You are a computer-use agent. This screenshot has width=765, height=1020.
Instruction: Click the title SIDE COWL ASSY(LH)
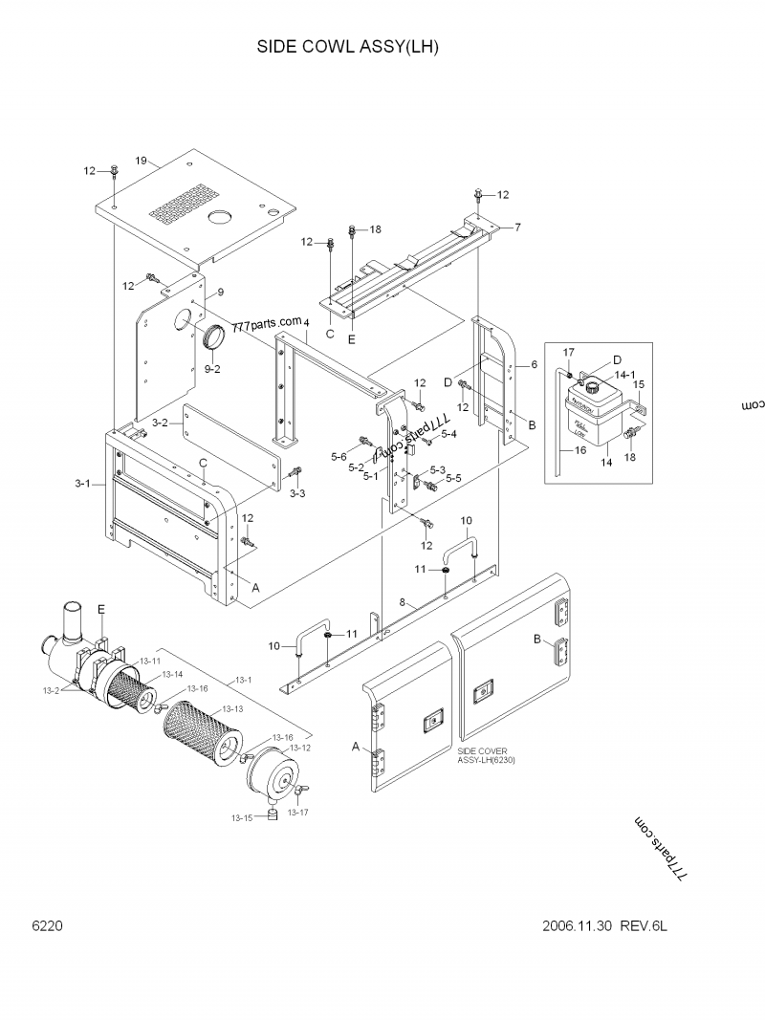pos(347,47)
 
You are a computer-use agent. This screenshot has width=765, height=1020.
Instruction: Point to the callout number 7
pos(517,227)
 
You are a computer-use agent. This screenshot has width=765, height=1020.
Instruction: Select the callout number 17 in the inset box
pos(568,353)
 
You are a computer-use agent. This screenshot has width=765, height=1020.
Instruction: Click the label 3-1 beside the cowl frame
pos(83,485)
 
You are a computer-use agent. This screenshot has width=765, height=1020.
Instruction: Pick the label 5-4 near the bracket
pos(449,435)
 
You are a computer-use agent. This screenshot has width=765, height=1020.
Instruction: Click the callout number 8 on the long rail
pos(404,603)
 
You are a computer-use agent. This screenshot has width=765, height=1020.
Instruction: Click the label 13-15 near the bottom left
pos(241,818)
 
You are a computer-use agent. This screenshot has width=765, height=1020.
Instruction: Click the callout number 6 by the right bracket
pos(534,365)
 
